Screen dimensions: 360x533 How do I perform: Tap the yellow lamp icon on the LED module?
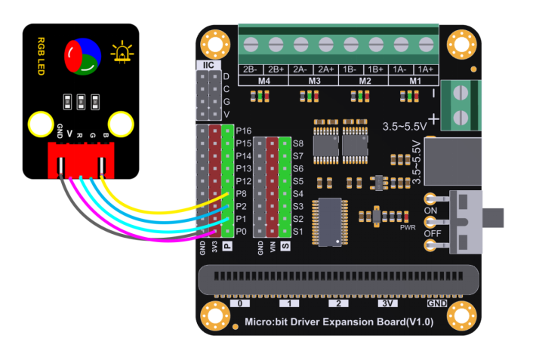coord(120,53)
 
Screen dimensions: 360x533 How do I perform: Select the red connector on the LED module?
coord(79,160)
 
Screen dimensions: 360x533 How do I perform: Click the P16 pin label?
coord(243,131)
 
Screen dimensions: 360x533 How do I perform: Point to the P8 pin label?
coord(243,193)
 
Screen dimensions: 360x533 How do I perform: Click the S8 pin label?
coord(298,143)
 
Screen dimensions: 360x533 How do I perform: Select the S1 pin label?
coord(298,231)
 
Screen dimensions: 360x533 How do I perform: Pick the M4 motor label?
coord(263,80)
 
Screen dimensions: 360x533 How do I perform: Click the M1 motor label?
coord(415,80)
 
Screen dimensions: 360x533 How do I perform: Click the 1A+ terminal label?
coord(427,69)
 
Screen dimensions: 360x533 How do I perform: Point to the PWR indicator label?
coord(408,226)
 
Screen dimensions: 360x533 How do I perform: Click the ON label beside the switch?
coord(430,210)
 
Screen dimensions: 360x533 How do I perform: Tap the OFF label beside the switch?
coord(432,235)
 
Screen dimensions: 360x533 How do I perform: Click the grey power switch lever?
coord(494,217)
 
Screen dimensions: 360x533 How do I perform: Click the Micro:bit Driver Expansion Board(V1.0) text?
coord(340,322)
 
